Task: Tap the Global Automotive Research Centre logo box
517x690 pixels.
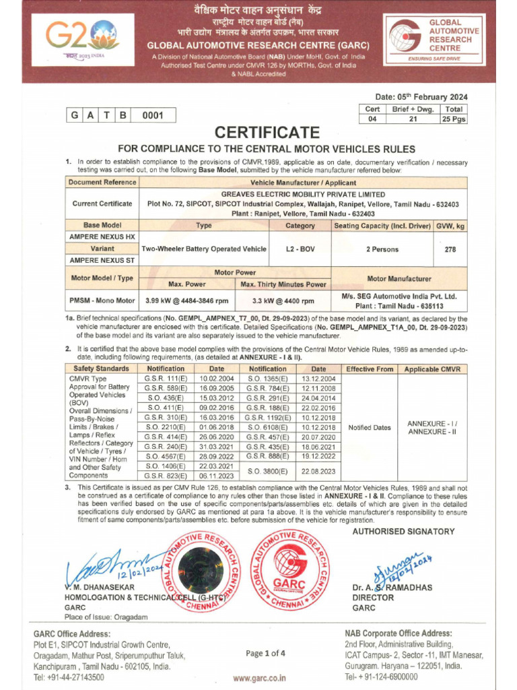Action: (435, 40)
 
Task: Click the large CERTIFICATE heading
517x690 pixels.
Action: (267, 131)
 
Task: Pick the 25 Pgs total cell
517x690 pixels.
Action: (454, 119)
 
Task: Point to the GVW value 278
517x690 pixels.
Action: (450, 249)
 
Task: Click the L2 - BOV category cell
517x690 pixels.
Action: (300, 249)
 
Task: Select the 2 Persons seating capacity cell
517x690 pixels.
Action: (382, 249)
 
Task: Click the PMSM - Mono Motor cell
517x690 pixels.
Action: (102, 301)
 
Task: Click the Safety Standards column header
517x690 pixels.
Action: (102, 369)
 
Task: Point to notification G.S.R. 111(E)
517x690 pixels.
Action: (166, 379)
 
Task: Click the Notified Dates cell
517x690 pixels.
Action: (369, 427)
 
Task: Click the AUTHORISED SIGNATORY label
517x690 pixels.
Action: (404, 532)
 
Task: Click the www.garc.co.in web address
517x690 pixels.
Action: (259, 679)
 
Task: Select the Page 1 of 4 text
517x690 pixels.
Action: (265, 653)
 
